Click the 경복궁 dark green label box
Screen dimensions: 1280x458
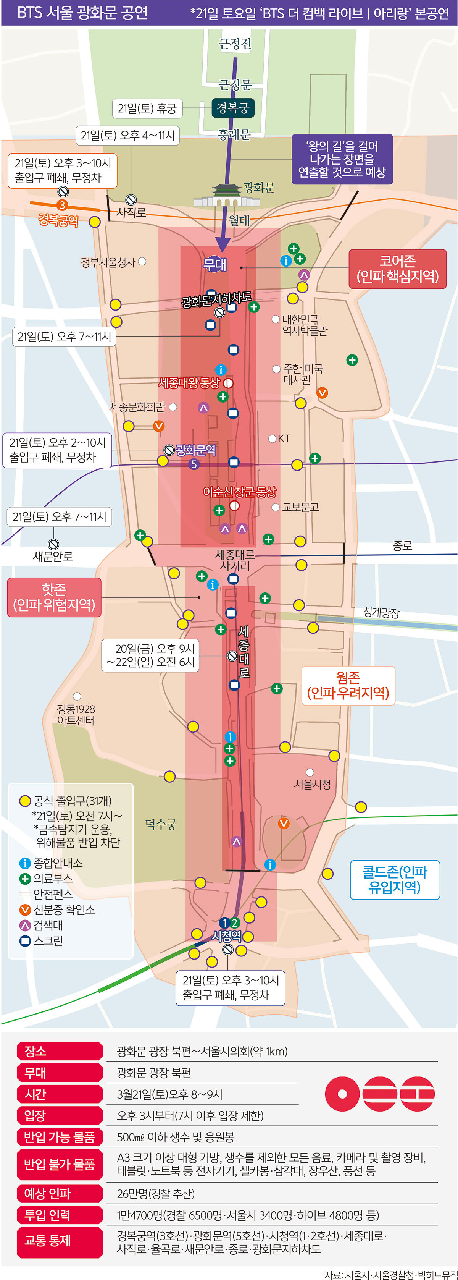click(233, 108)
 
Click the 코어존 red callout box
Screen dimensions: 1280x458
click(397, 269)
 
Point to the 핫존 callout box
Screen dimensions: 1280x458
click(54, 597)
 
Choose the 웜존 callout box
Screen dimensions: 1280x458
click(348, 685)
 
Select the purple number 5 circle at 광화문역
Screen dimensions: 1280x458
click(194, 464)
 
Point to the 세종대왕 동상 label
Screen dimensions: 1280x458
click(189, 383)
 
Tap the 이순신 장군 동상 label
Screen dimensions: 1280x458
click(239, 492)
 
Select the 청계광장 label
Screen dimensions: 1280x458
click(381, 612)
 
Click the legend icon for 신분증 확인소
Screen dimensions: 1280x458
click(25, 910)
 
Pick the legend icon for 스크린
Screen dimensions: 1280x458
click(25, 941)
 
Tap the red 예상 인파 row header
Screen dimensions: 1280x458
click(59, 1194)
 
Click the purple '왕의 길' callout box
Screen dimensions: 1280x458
click(342, 159)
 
